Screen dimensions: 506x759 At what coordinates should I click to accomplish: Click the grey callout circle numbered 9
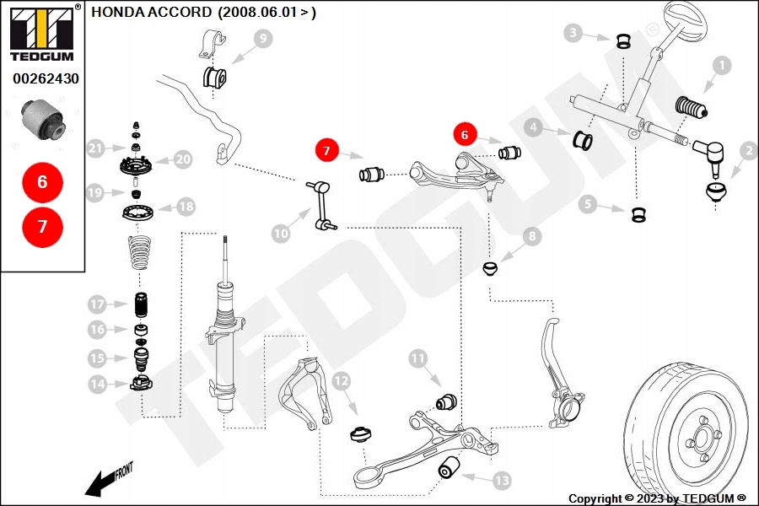pos(261,38)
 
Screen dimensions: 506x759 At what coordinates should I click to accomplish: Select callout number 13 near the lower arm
pos(501,481)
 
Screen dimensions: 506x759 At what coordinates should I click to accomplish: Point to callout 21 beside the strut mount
pos(95,149)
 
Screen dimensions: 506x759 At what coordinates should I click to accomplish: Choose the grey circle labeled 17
pos(97,304)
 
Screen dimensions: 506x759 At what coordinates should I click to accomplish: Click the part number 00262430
pos(45,78)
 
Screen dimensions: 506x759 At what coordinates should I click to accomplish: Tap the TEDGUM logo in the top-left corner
pos(40,34)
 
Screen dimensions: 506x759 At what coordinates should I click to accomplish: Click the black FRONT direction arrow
pos(101,483)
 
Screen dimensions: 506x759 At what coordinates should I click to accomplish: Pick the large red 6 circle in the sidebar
pos(42,181)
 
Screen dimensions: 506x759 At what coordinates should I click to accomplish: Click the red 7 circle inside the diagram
pos(326,151)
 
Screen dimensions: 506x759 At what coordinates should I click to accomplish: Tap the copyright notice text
pos(657,498)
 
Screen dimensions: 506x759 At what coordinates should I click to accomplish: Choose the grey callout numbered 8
pos(532,238)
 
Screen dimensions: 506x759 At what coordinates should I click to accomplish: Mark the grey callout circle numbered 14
pos(97,385)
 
